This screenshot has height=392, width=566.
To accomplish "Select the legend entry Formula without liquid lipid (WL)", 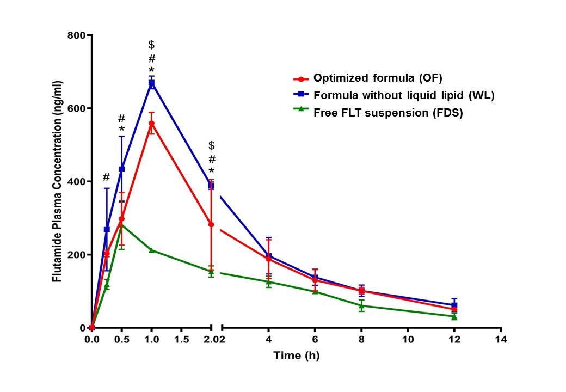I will [x=403, y=95].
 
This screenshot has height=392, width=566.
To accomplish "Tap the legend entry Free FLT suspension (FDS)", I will [x=387, y=113].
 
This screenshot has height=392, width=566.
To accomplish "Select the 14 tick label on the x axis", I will [x=501, y=340].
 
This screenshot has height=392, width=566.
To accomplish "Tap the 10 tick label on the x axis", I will [x=407, y=340].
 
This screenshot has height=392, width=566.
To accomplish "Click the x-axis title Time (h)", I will [x=296, y=356].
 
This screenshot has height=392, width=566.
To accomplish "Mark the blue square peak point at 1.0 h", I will [x=152, y=83].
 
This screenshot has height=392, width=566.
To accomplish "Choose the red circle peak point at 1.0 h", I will [x=151, y=123].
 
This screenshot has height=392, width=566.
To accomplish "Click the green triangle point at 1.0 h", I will [x=151, y=250].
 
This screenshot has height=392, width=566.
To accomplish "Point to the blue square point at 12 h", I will [x=454, y=305].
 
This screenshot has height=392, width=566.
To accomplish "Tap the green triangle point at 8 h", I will [x=361, y=305].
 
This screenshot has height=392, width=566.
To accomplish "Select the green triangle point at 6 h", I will [x=315, y=291].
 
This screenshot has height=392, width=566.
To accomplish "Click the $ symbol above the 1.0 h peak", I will [x=152, y=45].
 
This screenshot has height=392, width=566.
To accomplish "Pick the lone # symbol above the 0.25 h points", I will [x=106, y=177].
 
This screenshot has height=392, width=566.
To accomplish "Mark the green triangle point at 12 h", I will [x=454, y=316].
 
